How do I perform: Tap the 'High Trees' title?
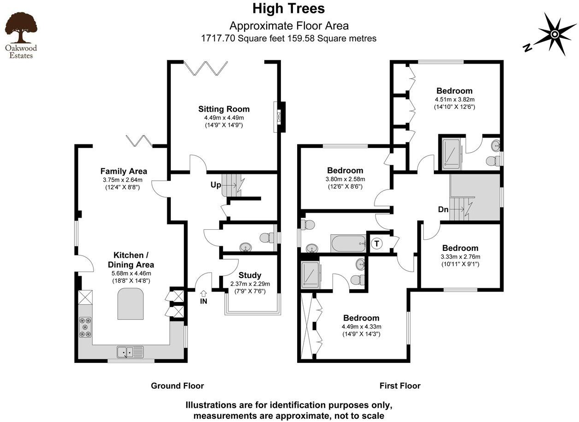coord(289,9)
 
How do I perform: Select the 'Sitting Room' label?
coord(224,109)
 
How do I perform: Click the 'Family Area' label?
coord(123,171)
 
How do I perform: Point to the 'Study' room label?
coord(250,275)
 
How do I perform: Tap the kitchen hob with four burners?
coord(85,327)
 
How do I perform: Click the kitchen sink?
coord(130,352)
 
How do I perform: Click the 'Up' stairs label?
coord(215,185)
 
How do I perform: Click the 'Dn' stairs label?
coord(444,209)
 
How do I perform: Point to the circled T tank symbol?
coord(376,243)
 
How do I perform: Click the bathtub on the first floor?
coord(348,243)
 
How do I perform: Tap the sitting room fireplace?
coord(278,117)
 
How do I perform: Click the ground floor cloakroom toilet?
coord(266,238)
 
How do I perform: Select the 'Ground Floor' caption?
coord(177,386)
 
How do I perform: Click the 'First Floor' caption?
coord(400,386)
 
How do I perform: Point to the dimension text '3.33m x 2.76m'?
coord(460,257)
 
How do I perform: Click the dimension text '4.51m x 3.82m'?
coord(455,99)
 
